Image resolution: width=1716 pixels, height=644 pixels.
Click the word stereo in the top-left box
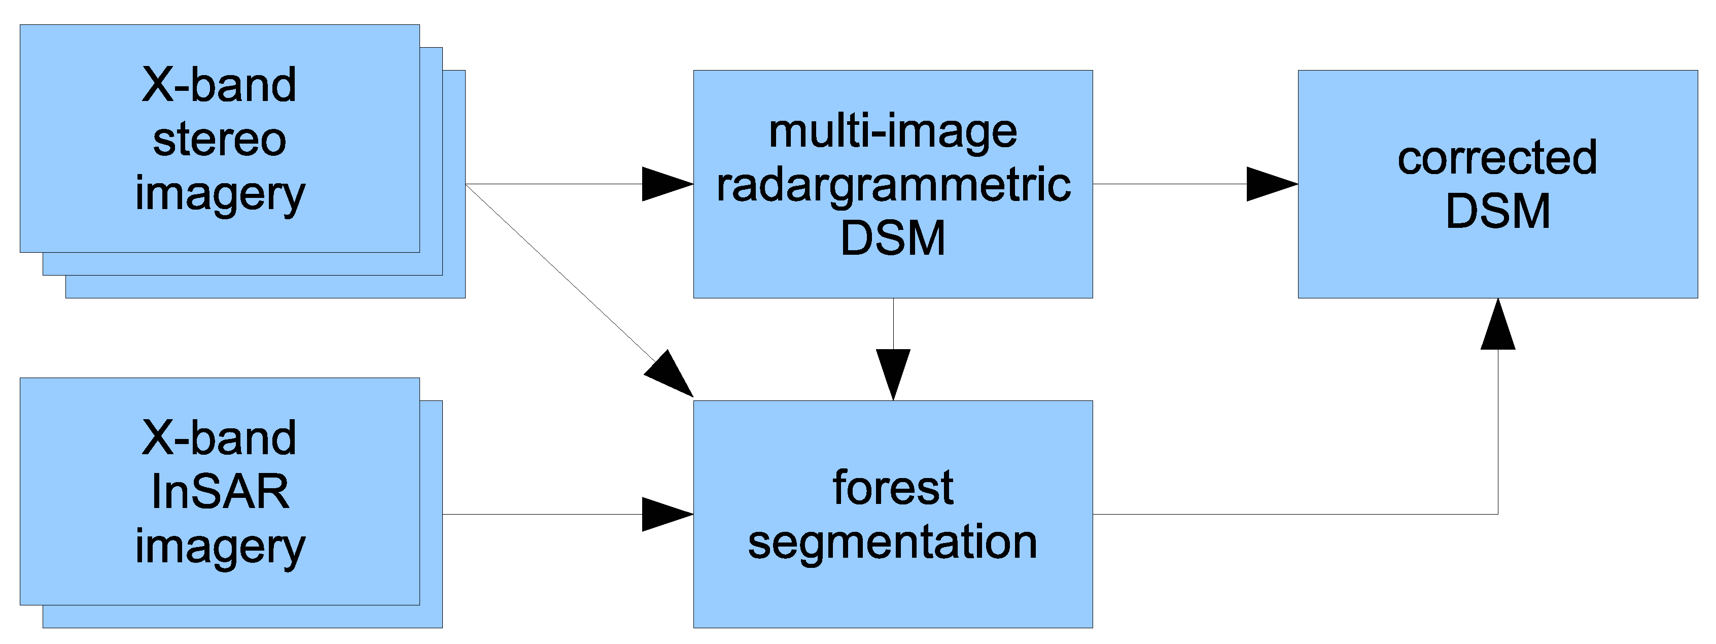[x=219, y=140]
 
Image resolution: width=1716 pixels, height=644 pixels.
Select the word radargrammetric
[x=893, y=185]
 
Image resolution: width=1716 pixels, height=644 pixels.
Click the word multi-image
[x=893, y=131]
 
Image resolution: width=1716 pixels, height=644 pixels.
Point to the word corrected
[x=1497, y=158]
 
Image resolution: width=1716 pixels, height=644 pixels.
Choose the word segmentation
[x=893, y=541]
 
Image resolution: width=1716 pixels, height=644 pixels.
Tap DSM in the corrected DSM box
[x=1497, y=211]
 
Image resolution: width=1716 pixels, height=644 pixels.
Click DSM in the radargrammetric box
[x=893, y=239]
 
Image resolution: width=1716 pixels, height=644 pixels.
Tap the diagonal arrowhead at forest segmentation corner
[x=672, y=375]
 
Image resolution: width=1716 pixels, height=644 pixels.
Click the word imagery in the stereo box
[x=220, y=195]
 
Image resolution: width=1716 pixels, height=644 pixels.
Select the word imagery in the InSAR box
[x=220, y=548]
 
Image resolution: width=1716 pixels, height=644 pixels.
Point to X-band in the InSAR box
[x=219, y=438]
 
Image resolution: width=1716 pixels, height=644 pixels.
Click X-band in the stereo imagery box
[x=219, y=85]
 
